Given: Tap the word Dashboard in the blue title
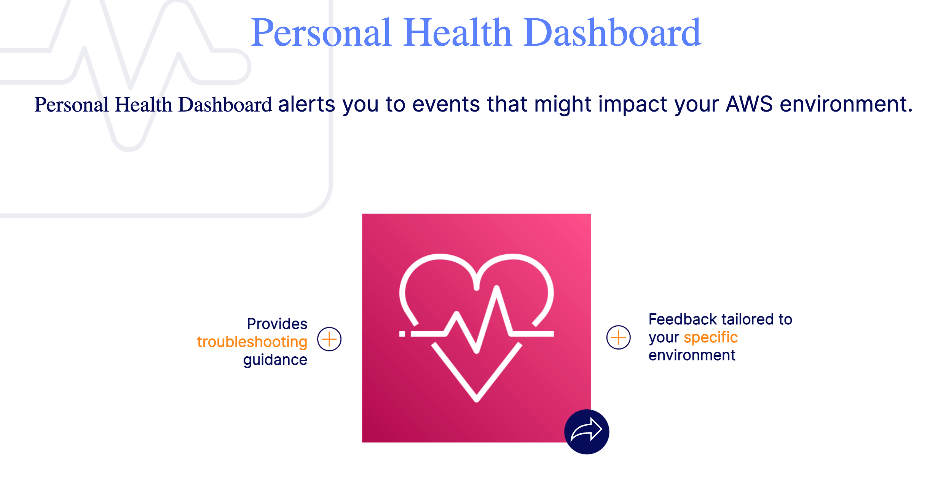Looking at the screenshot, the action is [612, 33].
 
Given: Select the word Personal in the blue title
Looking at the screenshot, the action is [321, 33].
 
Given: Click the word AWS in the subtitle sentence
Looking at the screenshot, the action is [749, 104].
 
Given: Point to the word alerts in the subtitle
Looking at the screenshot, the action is [306, 104].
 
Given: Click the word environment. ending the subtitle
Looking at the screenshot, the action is [846, 104].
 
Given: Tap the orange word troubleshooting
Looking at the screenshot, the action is [252, 342].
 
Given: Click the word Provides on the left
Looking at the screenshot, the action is [277, 324].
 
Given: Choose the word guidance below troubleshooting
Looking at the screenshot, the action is [275, 360].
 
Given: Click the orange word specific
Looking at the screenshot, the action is [711, 337].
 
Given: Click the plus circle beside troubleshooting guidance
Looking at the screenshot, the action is [329, 339].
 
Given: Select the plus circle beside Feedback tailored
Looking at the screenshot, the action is [618, 337].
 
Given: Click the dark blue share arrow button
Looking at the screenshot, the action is [587, 432].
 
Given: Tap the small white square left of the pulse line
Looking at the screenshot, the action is [402, 334].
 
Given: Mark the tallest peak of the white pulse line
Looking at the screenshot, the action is [497, 288].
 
